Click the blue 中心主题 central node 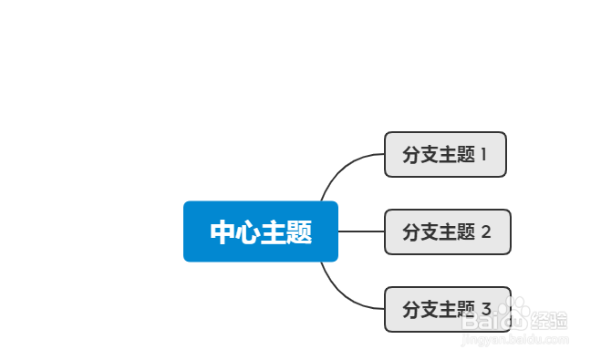click(x=261, y=231)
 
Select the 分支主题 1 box click(x=445, y=154)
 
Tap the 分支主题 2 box click(x=447, y=231)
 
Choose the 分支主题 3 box click(x=447, y=309)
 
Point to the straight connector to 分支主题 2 click(x=361, y=231)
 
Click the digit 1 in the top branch click(x=484, y=154)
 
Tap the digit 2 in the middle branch click(x=486, y=231)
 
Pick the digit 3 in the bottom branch click(x=486, y=309)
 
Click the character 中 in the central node click(x=223, y=232)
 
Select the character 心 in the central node click(x=248, y=232)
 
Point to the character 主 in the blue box click(x=274, y=232)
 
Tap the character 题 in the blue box click(x=299, y=232)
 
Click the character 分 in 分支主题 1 click(x=411, y=155)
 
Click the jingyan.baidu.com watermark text click(x=515, y=339)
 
